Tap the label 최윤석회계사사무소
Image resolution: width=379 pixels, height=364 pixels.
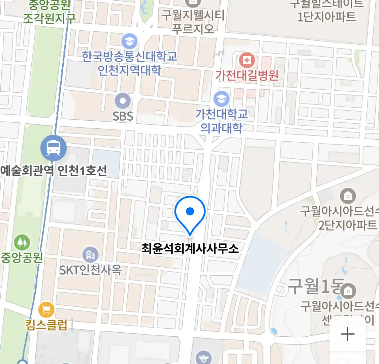[190, 248]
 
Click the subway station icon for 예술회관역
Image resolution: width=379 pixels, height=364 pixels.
[53, 148]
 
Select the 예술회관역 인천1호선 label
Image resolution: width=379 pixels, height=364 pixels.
[54, 171]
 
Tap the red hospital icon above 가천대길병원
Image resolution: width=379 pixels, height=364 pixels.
[247, 61]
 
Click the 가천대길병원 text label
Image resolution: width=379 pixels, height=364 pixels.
[247, 75]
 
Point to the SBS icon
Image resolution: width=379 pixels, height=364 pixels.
[123, 101]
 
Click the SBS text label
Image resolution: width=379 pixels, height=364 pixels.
[123, 116]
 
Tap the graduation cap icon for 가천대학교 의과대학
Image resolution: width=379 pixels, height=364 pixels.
[221, 99]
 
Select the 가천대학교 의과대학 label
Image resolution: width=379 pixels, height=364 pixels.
[221, 121]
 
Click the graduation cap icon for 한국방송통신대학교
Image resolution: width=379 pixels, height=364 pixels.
[129, 41]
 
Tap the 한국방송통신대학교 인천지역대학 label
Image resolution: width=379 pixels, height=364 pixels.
[129, 63]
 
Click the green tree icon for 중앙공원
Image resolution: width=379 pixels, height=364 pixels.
[22, 242]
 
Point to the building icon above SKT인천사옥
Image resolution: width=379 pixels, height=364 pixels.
[90, 255]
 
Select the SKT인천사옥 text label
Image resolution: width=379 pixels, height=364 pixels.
[90, 270]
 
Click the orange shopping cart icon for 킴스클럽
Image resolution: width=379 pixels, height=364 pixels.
[46, 310]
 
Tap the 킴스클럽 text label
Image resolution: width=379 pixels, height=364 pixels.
[46, 325]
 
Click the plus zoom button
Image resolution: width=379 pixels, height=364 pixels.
[347, 334]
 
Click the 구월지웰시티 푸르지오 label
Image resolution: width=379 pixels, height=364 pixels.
[193, 22]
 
